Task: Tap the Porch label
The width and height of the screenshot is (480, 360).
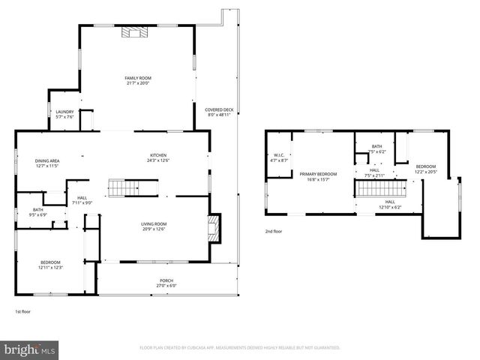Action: coord(166,280)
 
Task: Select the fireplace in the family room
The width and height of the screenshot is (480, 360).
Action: coord(136,31)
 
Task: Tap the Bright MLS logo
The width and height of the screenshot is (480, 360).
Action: coord(30,349)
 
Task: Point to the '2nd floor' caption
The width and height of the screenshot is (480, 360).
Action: coord(273,232)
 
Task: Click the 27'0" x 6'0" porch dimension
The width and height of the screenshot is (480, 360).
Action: coord(166,285)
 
